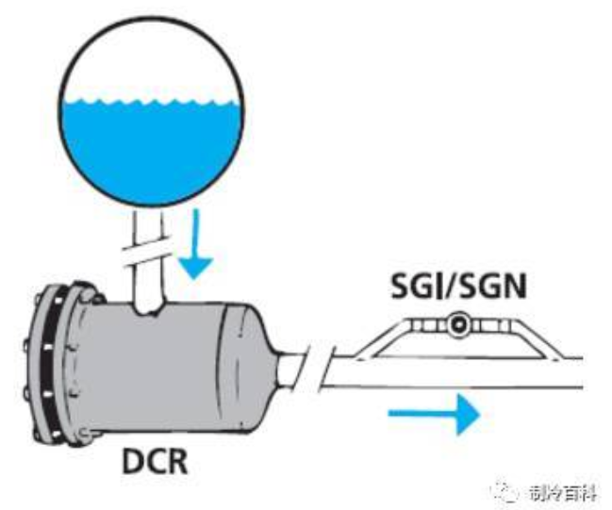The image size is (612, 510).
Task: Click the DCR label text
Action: tap(155, 461)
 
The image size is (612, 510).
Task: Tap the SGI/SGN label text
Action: tap(459, 287)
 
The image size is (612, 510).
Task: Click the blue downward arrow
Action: tap(195, 243)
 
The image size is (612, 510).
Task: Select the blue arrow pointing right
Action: tap(434, 414)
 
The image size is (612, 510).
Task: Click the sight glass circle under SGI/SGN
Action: tap(458, 324)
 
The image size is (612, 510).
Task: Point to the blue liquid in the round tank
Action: tap(151, 150)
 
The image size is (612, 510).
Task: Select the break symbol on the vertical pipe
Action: tap(147, 255)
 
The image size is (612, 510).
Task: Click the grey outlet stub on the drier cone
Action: tap(290, 369)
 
